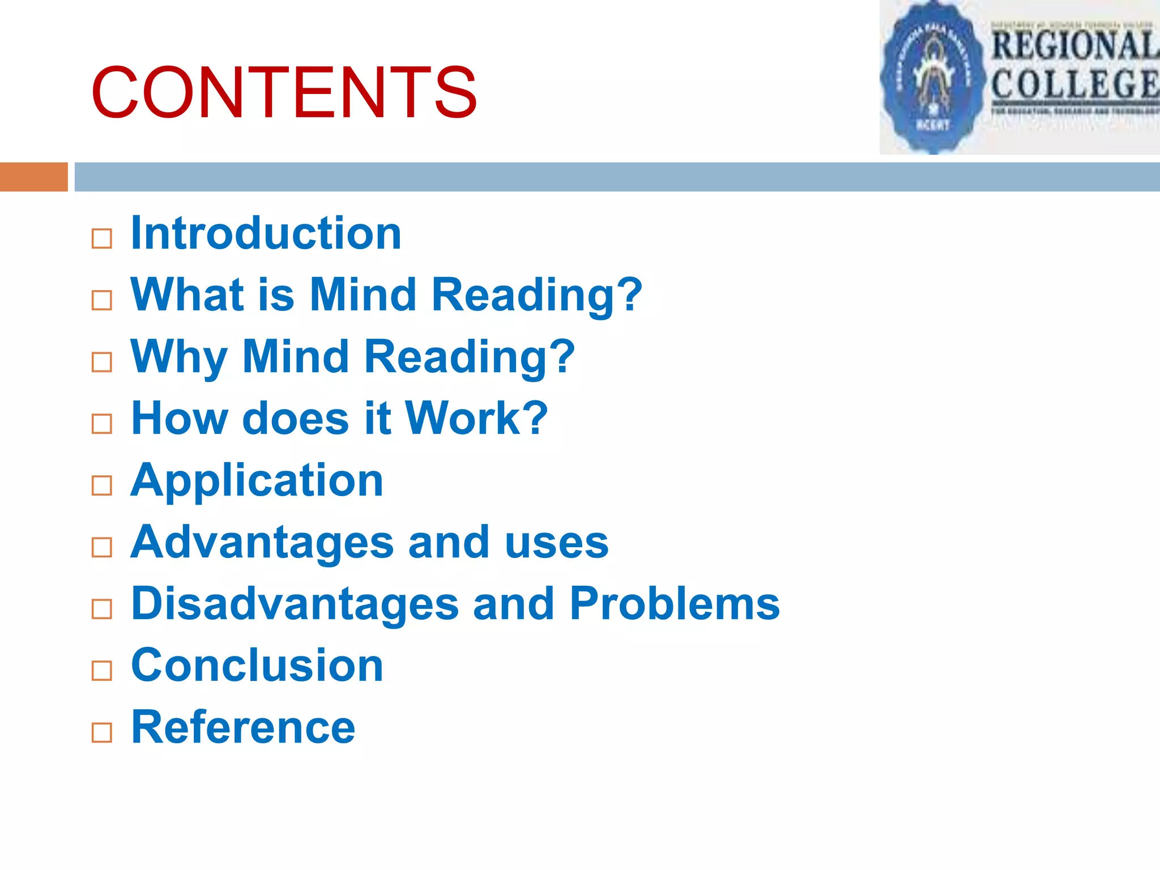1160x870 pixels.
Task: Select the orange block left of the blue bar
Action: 33,177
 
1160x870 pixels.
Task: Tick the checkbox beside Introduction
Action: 102,238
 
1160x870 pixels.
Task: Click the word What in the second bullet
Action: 187,295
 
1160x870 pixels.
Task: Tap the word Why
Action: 179,357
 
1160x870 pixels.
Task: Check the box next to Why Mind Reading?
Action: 102,362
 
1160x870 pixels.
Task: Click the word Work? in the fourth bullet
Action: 476,418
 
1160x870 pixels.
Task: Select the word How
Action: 179,418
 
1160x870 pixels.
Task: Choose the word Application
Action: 257,480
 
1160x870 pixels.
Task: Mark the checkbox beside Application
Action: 102,485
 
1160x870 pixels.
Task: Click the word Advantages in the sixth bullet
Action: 262,543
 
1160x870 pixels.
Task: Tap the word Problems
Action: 675,604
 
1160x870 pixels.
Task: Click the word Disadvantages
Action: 295,604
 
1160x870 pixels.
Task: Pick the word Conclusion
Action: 257,665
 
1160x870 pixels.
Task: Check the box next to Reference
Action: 102,732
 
